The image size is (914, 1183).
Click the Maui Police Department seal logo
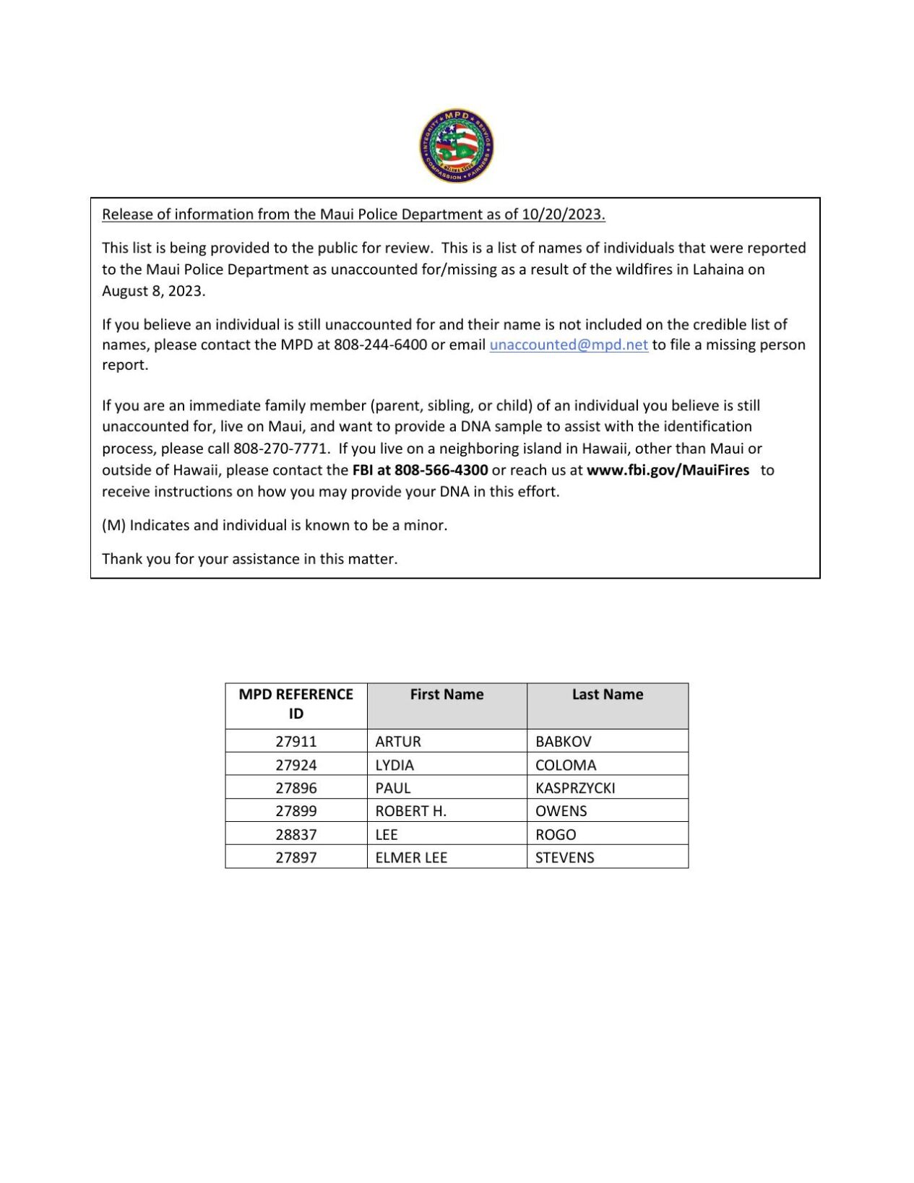coord(457,146)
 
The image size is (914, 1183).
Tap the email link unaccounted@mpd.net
coord(569,344)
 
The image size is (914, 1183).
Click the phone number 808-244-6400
coord(380,344)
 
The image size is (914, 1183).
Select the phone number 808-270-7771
coord(281,448)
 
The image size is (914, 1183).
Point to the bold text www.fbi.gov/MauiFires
coord(668,470)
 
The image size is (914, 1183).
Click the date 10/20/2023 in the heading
coord(562,214)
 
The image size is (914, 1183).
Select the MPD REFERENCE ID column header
coord(296,704)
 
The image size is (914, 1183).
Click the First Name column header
coord(447,695)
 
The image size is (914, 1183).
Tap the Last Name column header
coord(607,695)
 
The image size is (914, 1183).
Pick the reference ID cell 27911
coord(296,742)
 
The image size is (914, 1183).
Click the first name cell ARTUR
coord(398,742)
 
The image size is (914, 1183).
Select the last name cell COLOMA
coord(566,765)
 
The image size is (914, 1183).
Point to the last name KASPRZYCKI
coord(575,788)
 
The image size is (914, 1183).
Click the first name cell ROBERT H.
coord(410,811)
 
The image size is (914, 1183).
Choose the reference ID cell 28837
coord(296,835)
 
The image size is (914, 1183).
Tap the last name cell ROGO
coord(556,835)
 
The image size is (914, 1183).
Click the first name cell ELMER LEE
coord(411,858)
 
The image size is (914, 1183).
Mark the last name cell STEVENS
coord(564,858)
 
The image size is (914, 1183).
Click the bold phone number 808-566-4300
coord(441,470)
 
